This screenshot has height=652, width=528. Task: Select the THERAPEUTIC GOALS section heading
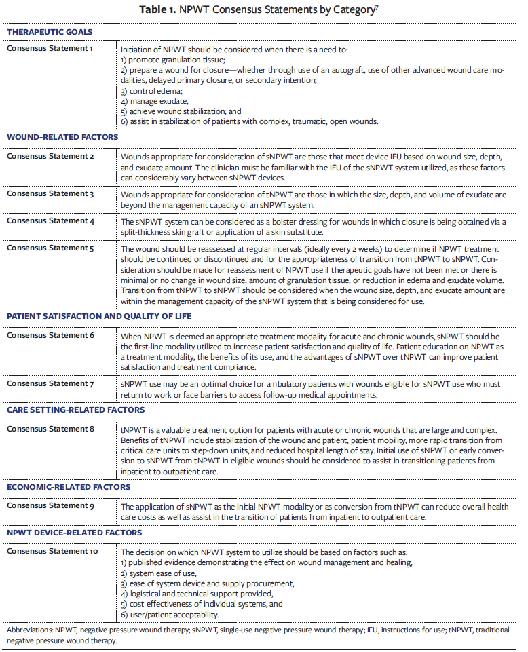click(x=50, y=32)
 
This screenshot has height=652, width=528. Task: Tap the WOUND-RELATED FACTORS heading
click(x=62, y=137)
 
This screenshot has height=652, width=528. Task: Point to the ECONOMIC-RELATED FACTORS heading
click(x=69, y=487)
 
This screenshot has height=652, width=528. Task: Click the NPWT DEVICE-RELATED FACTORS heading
click(x=74, y=533)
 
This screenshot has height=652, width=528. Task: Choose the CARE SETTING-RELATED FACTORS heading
click(x=75, y=410)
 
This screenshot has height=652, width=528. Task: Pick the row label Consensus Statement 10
click(x=52, y=551)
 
